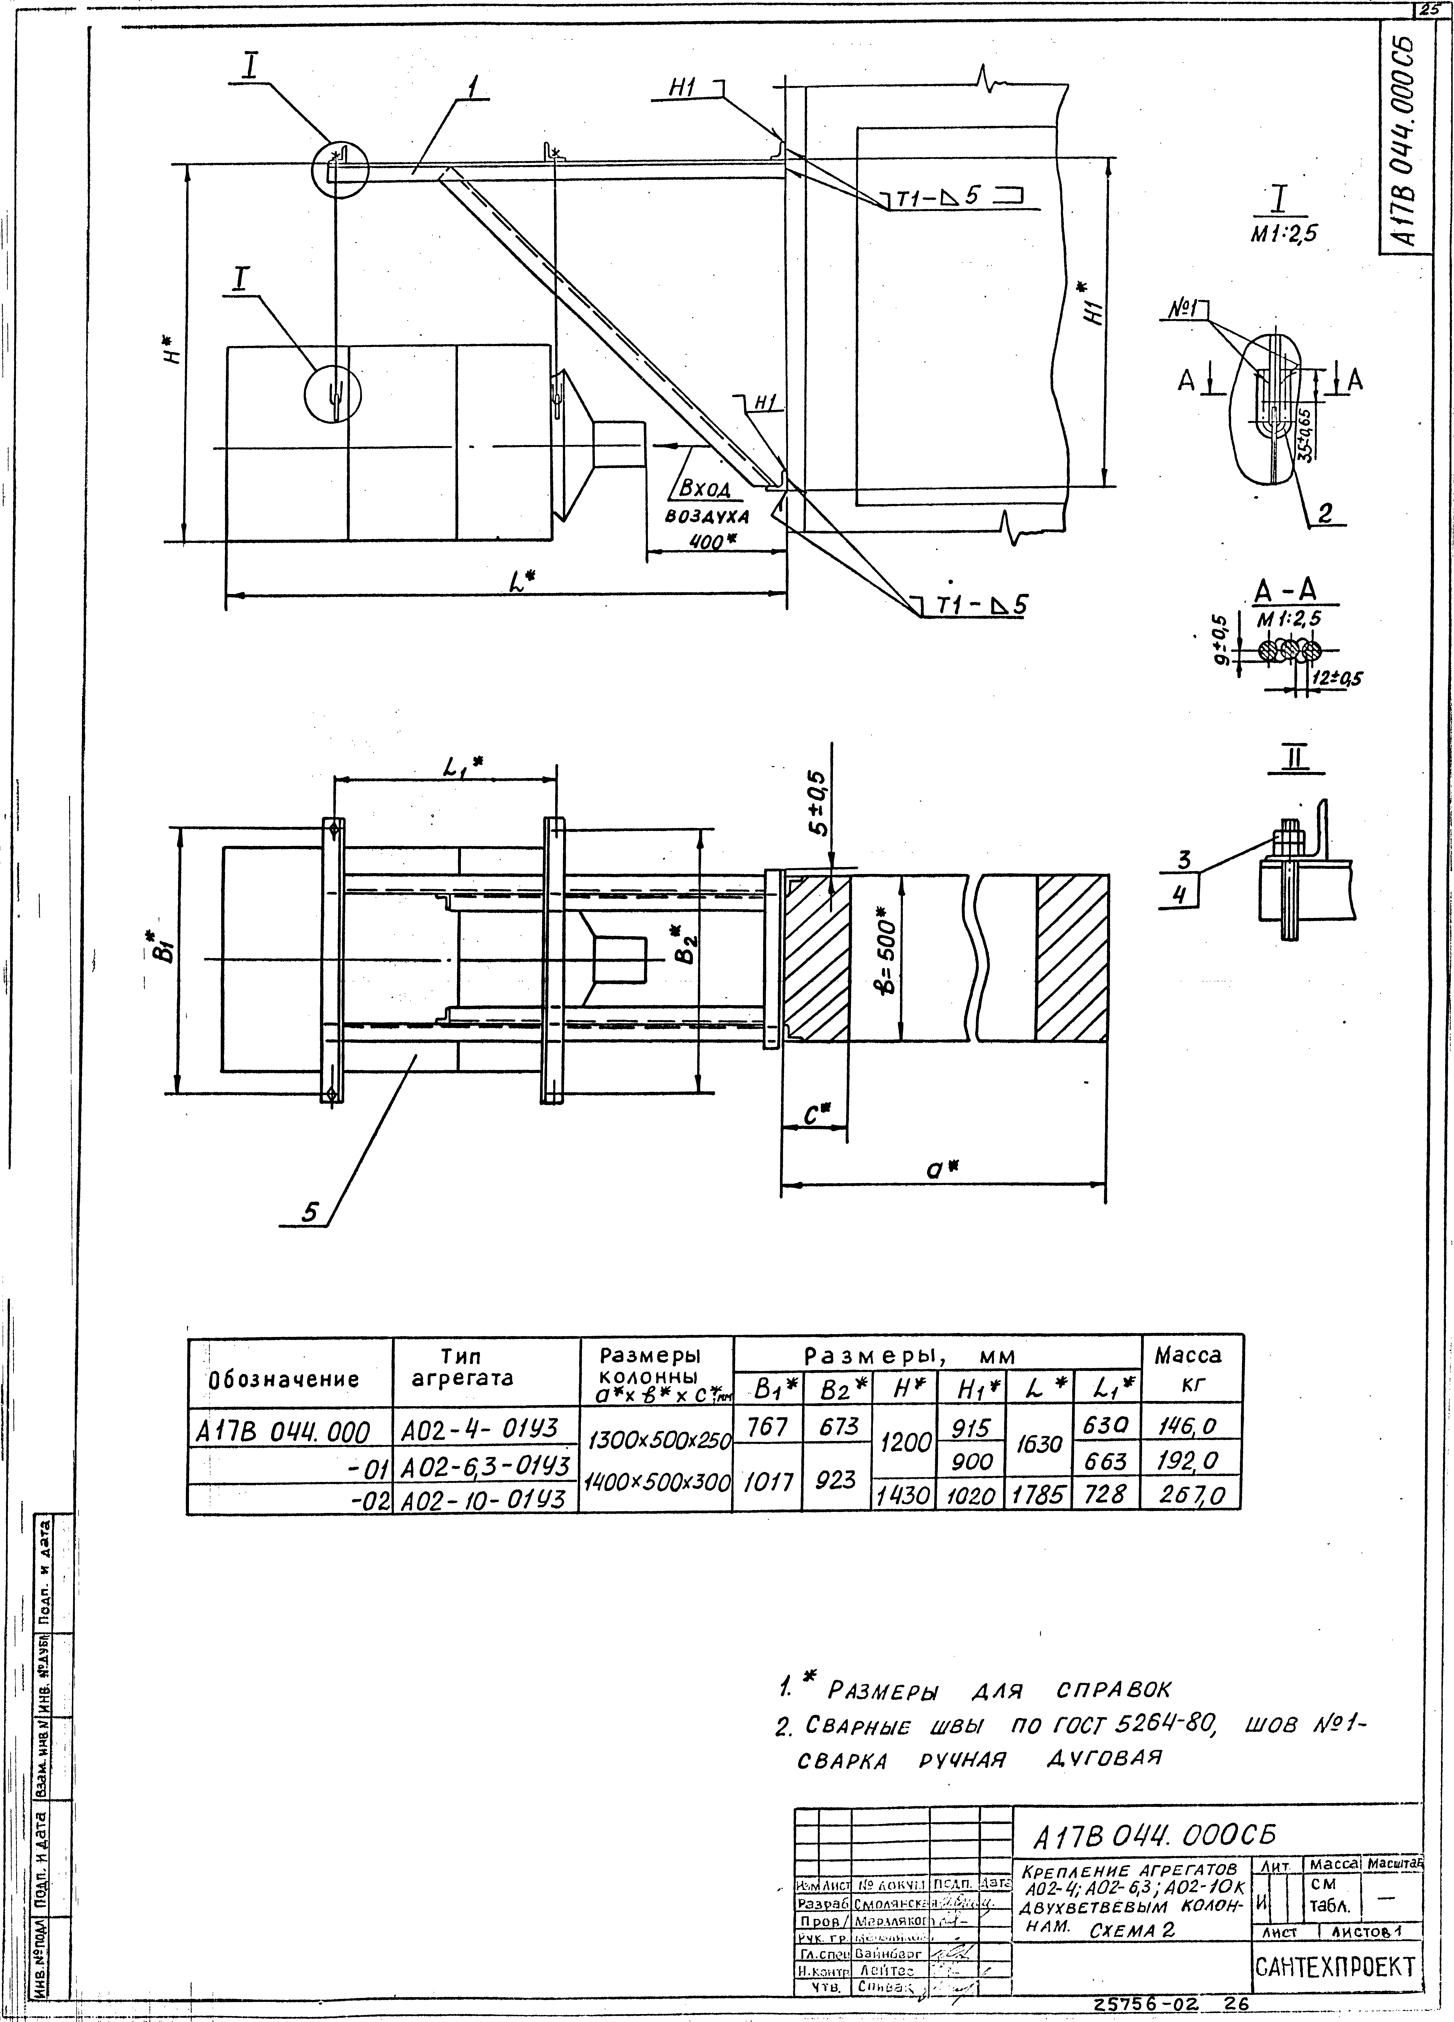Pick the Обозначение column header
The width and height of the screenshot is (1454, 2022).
(283, 1379)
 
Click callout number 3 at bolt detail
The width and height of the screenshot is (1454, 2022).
(1185, 860)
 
